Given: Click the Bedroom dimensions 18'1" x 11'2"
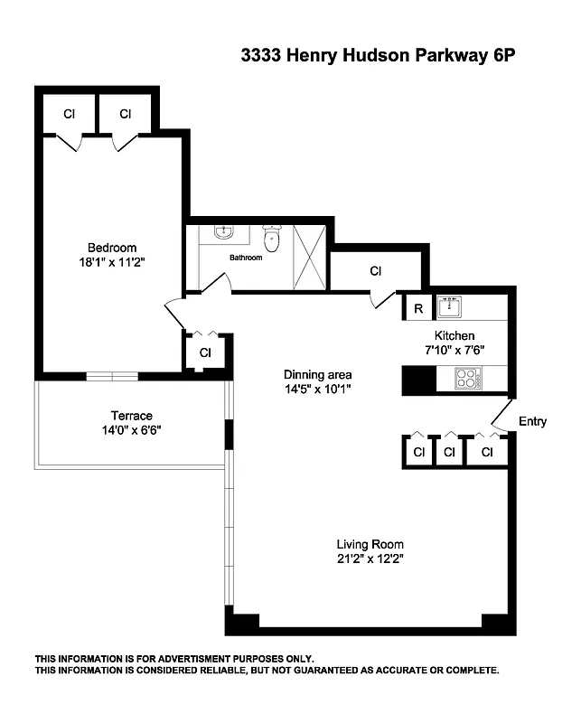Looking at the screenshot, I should (111, 263).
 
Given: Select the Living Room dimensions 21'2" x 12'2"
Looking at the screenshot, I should (370, 559).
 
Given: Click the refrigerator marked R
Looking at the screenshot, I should (418, 308).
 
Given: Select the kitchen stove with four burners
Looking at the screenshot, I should (467, 379).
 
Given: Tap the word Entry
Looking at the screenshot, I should (532, 421).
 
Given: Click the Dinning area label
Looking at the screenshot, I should (317, 375).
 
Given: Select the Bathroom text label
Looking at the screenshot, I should (245, 258).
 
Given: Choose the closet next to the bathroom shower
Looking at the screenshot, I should (375, 271).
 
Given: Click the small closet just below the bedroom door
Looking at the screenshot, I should (205, 352).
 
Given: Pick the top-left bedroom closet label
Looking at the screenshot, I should (69, 114).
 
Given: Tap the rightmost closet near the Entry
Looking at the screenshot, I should (488, 452).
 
